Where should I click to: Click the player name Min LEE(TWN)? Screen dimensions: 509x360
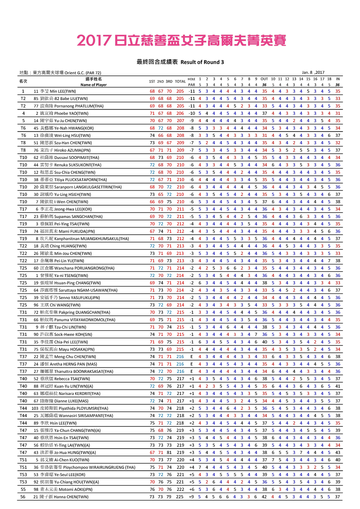tap(63, 92)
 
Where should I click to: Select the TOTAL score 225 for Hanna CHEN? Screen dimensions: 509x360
tap(180, 497)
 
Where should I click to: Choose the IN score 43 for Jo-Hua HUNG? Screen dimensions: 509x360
tap(337, 453)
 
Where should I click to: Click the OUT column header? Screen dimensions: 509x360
tap(264, 79)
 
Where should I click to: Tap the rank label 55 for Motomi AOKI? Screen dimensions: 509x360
tap(23, 489)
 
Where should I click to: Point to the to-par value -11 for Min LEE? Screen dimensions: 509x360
tap(191, 92)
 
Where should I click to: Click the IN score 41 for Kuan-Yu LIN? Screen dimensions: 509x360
tap(337, 386)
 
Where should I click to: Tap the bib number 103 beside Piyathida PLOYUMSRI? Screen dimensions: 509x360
tap(35, 408)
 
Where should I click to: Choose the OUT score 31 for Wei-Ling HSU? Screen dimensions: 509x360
tap(264, 136)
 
